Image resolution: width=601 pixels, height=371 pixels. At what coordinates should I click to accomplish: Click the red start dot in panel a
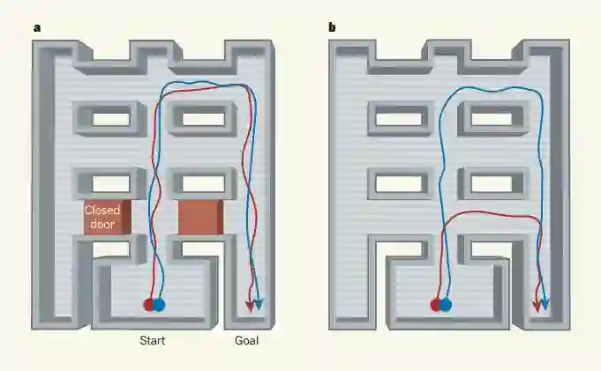148,305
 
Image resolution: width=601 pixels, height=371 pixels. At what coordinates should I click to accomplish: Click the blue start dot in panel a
159,305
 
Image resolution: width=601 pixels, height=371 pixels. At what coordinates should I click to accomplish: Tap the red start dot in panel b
436,305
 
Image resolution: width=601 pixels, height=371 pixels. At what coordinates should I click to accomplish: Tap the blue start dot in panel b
446,305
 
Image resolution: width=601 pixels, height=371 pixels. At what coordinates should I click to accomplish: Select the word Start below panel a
153,341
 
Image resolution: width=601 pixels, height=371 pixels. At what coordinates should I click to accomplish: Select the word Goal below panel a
246,341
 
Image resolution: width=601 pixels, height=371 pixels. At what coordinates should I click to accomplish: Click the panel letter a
37,27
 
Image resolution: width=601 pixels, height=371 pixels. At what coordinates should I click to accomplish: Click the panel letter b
332,27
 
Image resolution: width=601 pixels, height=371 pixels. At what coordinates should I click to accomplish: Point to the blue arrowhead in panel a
259,305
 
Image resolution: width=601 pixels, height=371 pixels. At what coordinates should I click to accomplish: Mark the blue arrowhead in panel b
545,305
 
